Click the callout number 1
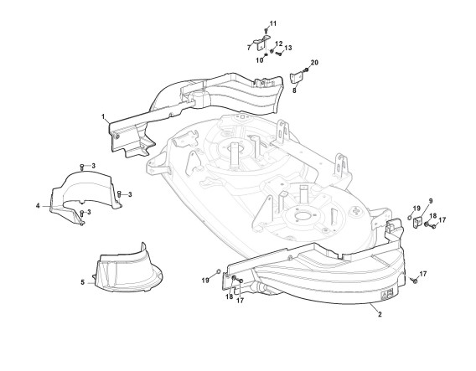[103, 116]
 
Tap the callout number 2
[380, 315]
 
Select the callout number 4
[38, 206]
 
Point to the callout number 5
[83, 282]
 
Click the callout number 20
[314, 63]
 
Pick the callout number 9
[431, 201]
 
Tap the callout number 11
[273, 23]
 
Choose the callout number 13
[288, 48]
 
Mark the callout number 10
[259, 60]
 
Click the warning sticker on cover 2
[387, 293]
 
